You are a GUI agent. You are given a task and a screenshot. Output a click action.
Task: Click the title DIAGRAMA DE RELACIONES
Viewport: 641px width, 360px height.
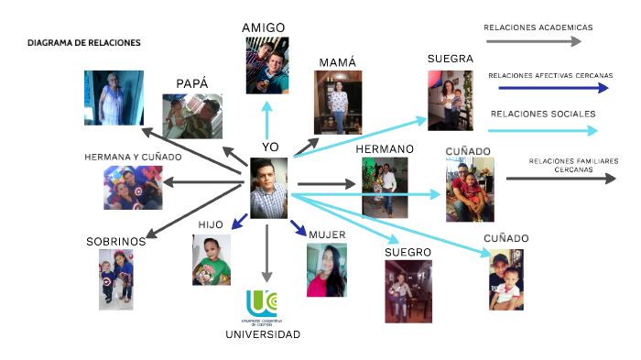click(84, 44)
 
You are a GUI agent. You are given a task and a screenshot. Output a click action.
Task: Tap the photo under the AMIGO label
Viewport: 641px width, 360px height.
click(267, 67)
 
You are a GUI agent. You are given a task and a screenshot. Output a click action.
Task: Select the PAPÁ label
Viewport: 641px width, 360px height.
click(192, 83)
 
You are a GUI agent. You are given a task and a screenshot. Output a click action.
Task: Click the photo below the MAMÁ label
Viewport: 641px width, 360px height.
click(338, 103)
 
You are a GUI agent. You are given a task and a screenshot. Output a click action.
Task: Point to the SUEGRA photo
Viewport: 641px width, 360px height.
click(450, 100)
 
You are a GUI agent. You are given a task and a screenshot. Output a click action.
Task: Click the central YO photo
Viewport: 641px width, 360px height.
click(268, 188)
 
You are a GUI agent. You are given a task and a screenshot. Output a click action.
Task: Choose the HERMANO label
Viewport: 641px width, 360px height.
click(385, 148)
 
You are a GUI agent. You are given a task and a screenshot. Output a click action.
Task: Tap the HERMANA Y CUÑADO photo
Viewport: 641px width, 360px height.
click(133, 188)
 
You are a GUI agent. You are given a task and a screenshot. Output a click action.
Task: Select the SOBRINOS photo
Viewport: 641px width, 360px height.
click(116, 279)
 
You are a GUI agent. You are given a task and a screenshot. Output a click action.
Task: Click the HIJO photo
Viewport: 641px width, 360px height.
click(212, 259)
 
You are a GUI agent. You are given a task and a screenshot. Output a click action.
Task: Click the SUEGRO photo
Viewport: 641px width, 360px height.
click(407, 290)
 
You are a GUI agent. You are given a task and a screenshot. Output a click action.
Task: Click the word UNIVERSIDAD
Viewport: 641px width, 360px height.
click(263, 334)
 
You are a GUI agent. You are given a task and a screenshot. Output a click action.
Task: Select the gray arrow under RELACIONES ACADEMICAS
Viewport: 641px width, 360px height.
click(532, 41)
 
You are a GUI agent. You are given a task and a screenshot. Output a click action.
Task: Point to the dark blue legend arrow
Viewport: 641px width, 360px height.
click(553, 89)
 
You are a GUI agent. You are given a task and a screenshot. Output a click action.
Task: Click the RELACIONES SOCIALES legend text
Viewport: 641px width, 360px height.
click(543, 115)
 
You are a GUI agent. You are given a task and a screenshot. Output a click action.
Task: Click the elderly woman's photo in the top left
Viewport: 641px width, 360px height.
click(114, 98)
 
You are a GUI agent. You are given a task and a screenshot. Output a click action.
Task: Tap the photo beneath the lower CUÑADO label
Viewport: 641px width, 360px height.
click(505, 278)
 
